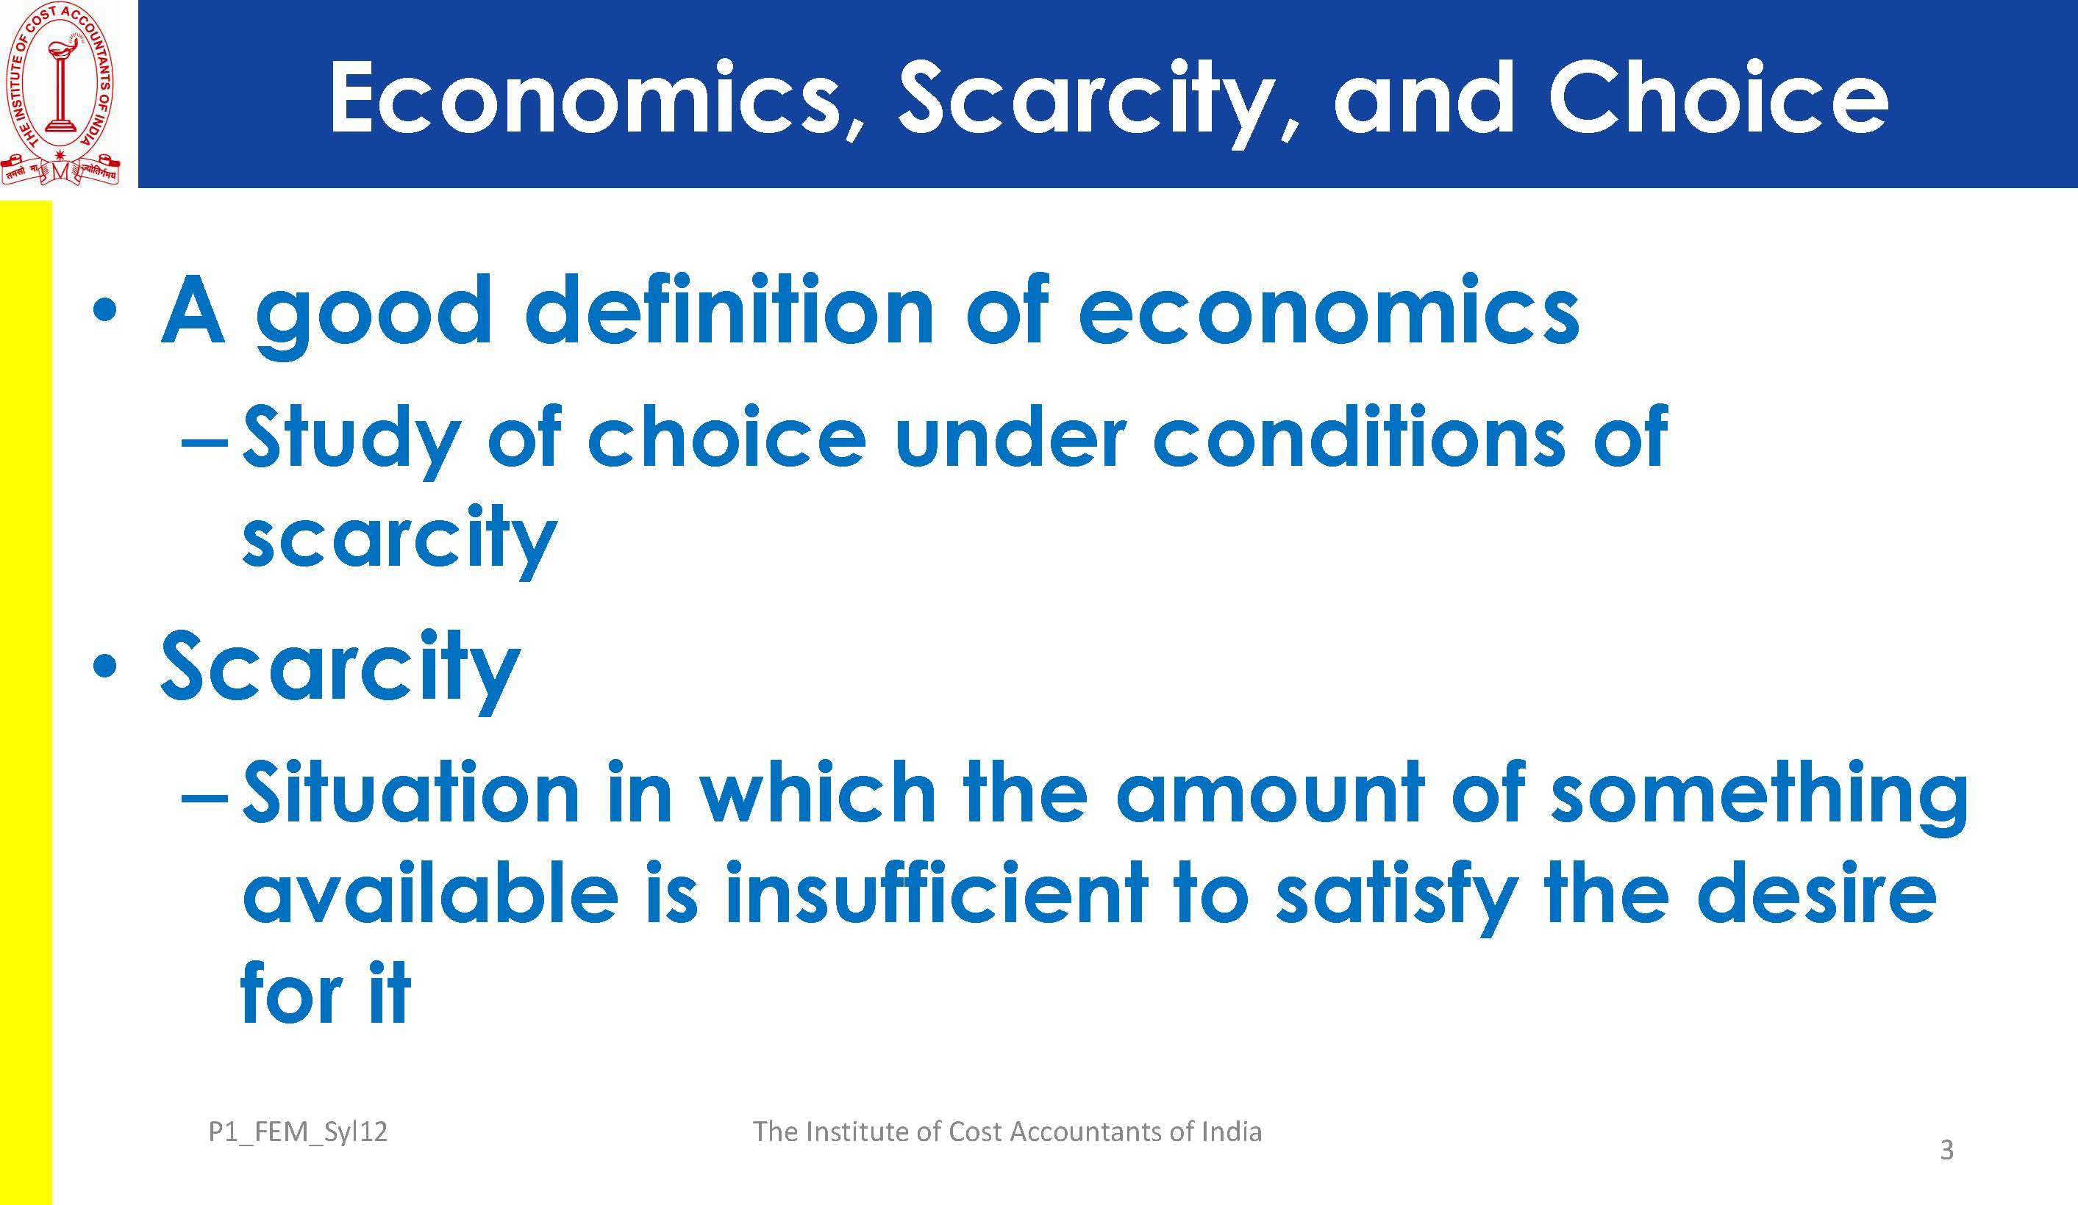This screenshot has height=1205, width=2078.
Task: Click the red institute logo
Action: pos(60,93)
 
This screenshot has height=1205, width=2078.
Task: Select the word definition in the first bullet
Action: pos(729,311)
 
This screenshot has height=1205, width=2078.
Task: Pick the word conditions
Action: pos(1357,439)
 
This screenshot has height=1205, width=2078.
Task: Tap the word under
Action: pos(1010,439)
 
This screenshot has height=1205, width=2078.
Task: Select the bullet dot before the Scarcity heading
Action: pos(104,665)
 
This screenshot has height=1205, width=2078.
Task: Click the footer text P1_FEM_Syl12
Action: pos(298,1132)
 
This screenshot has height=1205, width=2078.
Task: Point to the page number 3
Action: pos(1946,1150)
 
